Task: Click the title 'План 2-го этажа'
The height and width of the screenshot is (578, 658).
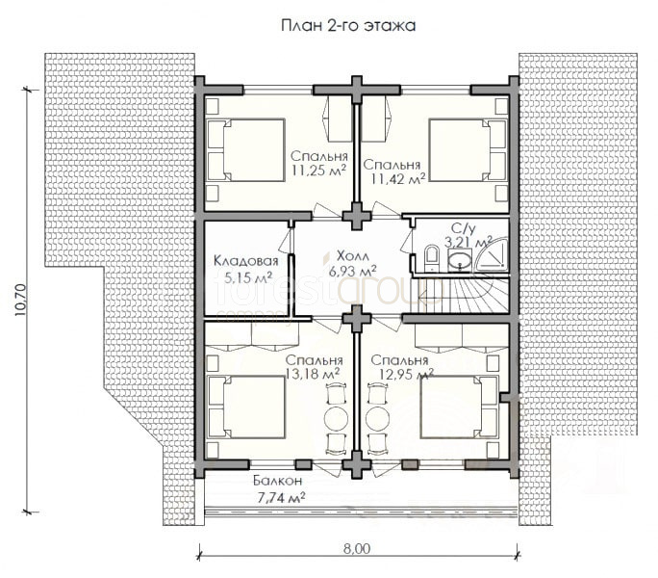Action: (x=348, y=26)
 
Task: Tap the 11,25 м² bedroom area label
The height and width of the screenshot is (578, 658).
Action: (x=319, y=171)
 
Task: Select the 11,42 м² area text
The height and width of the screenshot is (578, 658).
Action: (x=398, y=179)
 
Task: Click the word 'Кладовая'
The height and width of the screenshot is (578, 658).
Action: (x=246, y=261)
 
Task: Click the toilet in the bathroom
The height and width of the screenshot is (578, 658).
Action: (x=431, y=257)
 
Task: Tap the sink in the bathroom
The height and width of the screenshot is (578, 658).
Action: (x=461, y=260)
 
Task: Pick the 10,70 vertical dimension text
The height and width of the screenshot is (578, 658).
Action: (x=21, y=301)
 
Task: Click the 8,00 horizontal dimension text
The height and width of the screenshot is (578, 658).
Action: (x=357, y=549)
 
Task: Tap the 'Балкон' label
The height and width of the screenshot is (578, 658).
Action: (x=277, y=481)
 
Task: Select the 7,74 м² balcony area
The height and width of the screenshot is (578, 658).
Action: (x=281, y=498)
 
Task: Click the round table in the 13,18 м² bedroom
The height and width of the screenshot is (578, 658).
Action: (x=336, y=418)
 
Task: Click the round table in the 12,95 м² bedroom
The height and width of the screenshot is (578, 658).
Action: (x=378, y=418)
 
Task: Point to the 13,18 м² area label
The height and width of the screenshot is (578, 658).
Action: (x=313, y=373)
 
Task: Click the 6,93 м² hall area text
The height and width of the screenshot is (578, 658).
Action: (x=352, y=271)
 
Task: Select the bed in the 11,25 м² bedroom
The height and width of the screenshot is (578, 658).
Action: (x=246, y=150)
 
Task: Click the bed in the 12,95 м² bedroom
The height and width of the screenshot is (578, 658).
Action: (x=460, y=407)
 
